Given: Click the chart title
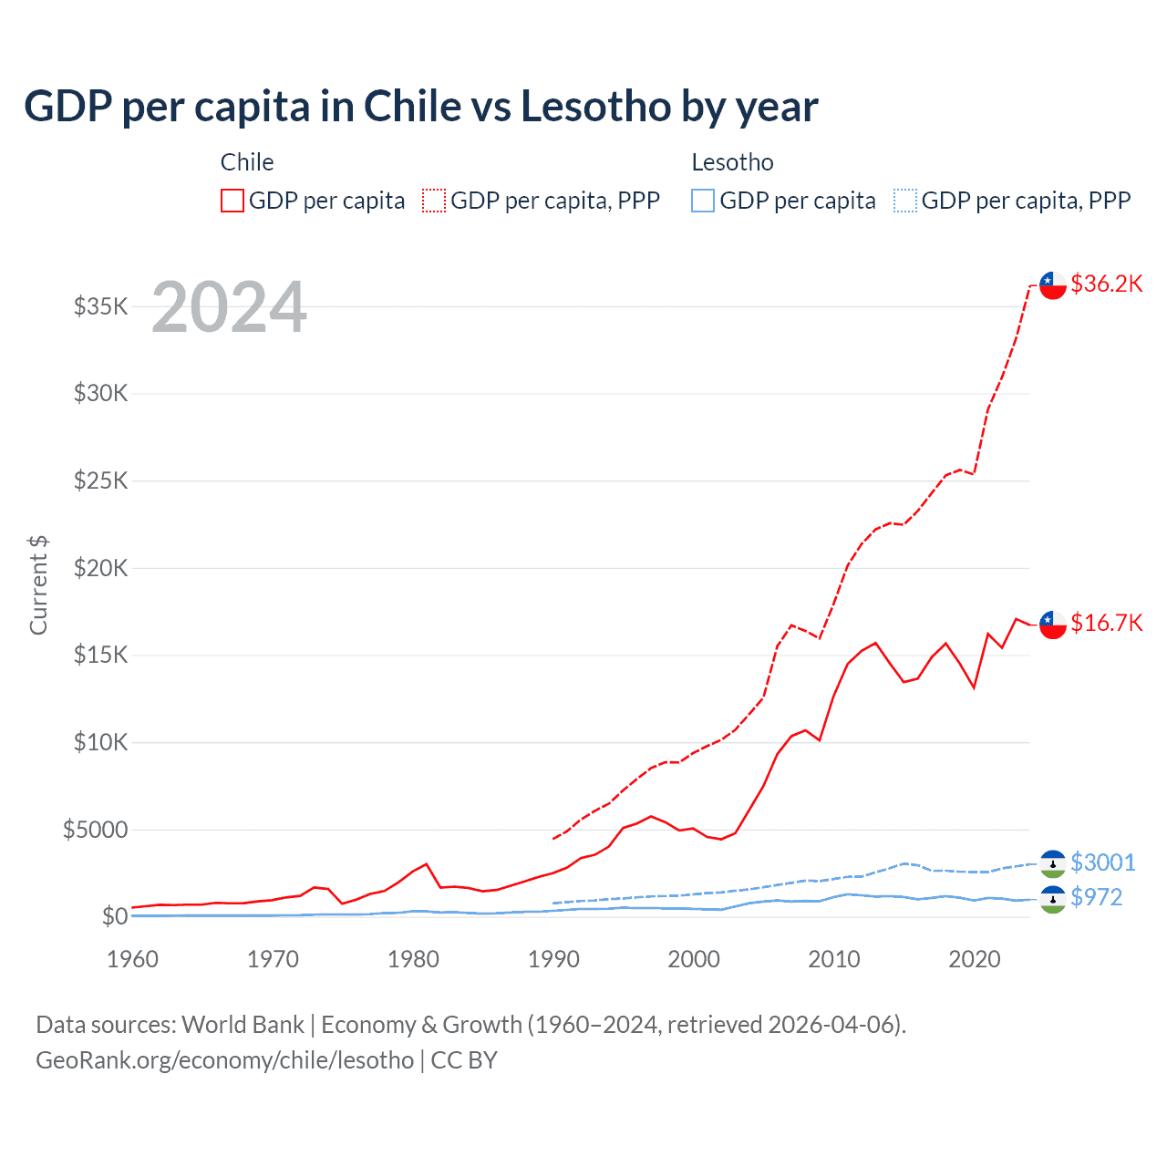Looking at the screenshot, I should tap(420, 107).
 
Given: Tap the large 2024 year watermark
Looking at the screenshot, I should tap(229, 307).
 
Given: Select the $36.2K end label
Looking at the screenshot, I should tap(1106, 284).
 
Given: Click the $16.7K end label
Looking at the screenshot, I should tap(1106, 623).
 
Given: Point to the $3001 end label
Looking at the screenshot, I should tap(1102, 862).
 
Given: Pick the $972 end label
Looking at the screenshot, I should tap(1096, 897).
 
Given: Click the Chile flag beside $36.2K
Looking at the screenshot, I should tap(1053, 284).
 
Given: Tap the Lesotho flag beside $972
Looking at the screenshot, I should tap(1053, 899).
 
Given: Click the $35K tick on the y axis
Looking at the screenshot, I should tap(101, 306).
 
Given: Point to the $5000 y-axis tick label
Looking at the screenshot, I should tap(96, 830).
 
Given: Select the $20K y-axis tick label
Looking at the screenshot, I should tap(101, 568).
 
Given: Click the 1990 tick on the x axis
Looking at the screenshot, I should tap(553, 959).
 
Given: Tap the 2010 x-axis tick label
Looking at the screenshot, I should tap(834, 959).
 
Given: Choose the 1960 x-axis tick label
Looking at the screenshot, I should tap(133, 959).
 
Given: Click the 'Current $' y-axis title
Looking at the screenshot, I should tap(38, 585).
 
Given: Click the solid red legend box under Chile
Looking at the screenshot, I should tap(232, 201).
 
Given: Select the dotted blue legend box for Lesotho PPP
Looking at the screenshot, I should tap(905, 201).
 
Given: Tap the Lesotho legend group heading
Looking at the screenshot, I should tap(732, 162).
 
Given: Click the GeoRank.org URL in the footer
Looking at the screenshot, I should tap(224, 1060).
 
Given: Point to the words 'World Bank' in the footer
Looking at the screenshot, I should tap(243, 1025).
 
